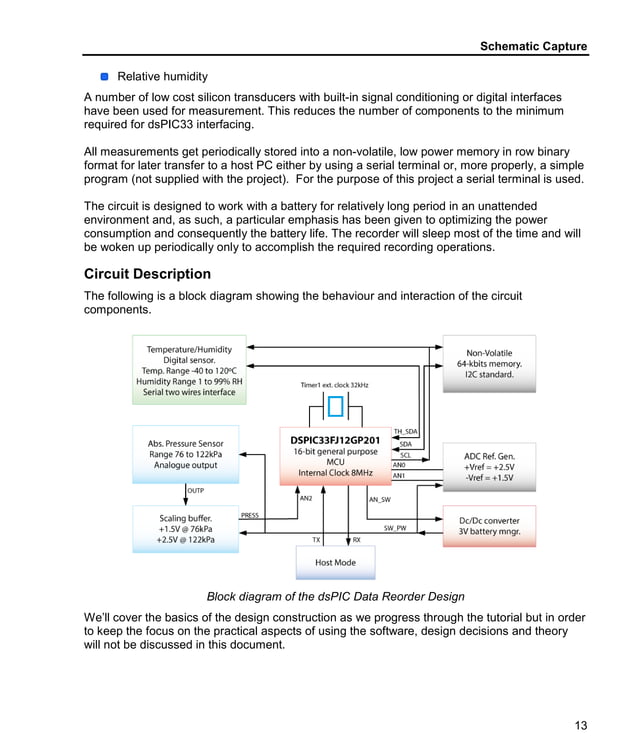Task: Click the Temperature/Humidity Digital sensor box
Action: [189, 370]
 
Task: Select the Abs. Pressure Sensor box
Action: [185, 454]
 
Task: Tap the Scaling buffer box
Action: [185, 529]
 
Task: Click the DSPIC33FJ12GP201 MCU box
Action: [335, 456]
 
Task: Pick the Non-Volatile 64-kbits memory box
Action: [489, 363]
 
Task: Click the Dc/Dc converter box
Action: [489, 526]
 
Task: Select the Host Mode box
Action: [335, 562]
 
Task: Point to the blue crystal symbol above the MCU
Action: [335, 407]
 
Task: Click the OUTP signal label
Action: [196, 490]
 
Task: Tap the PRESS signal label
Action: [250, 516]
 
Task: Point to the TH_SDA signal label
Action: [405, 431]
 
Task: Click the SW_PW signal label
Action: [395, 527]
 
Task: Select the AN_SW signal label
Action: [380, 499]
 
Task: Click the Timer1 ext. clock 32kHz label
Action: [334, 385]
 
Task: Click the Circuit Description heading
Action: [147, 274]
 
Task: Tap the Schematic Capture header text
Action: [533, 46]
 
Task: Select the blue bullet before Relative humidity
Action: [104, 76]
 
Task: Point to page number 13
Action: [580, 726]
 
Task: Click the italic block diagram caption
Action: [335, 597]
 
